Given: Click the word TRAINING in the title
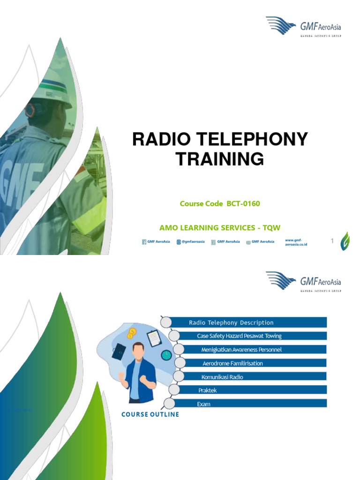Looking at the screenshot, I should click(220, 159).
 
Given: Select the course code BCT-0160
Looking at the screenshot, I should click(243, 203).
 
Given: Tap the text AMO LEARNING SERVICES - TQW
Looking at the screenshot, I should click(220, 228).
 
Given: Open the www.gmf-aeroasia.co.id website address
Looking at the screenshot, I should click(295, 242).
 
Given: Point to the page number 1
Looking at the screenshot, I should click(332, 241).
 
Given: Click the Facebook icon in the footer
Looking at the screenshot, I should click(144, 242).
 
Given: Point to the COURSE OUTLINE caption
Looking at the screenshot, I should click(150, 414).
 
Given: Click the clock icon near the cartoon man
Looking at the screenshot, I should click(166, 355).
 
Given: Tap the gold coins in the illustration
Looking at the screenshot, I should click(131, 333).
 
